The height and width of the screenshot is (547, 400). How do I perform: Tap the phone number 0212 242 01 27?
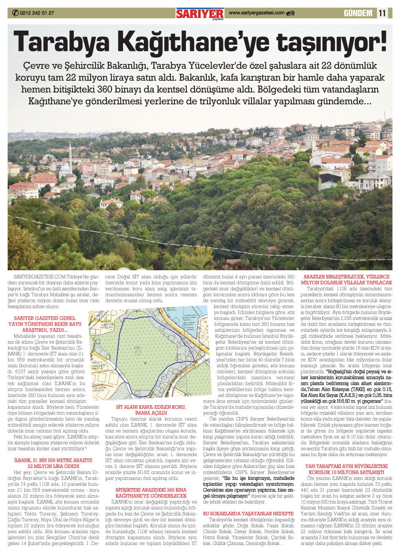tap(37, 13)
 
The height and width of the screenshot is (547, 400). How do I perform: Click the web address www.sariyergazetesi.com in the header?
tap(257, 13)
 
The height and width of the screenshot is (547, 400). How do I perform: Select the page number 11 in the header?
tap(382, 13)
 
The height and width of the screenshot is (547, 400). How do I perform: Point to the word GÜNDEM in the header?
tap(358, 13)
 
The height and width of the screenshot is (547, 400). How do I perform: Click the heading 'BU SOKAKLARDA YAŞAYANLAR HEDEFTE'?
tap(248, 514)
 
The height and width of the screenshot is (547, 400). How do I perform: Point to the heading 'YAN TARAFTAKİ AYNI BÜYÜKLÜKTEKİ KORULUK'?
tap(347, 469)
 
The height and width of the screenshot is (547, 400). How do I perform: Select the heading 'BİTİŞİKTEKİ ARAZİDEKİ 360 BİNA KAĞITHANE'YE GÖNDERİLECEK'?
tap(151, 493)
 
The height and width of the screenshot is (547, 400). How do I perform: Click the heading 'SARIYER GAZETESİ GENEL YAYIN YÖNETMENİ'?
tap(45, 324)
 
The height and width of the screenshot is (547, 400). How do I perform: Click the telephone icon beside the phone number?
tap(15, 13)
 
